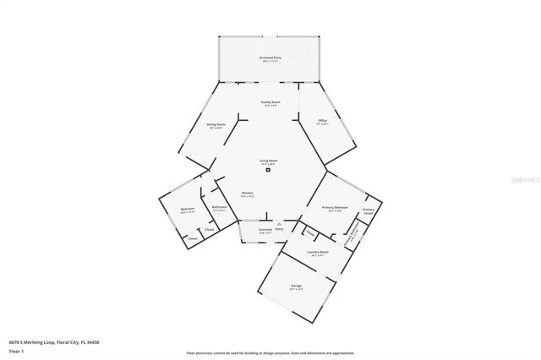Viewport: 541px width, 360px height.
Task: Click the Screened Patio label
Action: (270, 58)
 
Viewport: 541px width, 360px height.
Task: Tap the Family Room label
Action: (270, 103)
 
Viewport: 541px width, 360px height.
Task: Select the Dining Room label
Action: (216, 126)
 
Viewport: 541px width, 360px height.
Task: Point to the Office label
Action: (322, 121)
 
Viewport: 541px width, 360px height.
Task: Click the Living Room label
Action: (269, 161)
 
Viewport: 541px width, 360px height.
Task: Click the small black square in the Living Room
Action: (269, 170)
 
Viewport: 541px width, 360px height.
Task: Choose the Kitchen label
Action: (248, 194)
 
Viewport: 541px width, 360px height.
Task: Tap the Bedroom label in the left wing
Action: (188, 210)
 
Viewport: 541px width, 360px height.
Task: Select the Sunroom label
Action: (265, 230)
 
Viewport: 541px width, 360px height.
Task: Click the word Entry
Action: (281, 229)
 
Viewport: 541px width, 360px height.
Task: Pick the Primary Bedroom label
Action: (336, 209)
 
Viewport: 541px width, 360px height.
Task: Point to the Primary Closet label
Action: (369, 211)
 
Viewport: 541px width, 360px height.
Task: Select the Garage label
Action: (297, 286)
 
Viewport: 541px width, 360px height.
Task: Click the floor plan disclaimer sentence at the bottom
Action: (270, 353)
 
